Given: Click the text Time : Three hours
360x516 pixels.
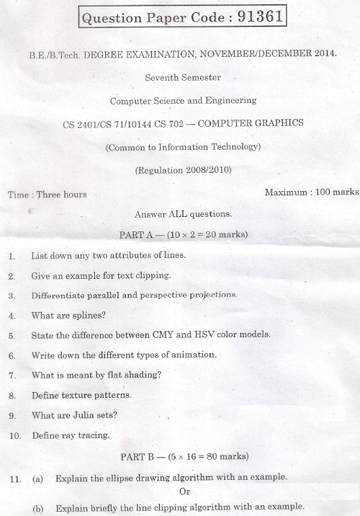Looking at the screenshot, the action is tap(48, 195).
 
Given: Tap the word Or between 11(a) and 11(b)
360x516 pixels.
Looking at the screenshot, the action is tap(184, 491).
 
